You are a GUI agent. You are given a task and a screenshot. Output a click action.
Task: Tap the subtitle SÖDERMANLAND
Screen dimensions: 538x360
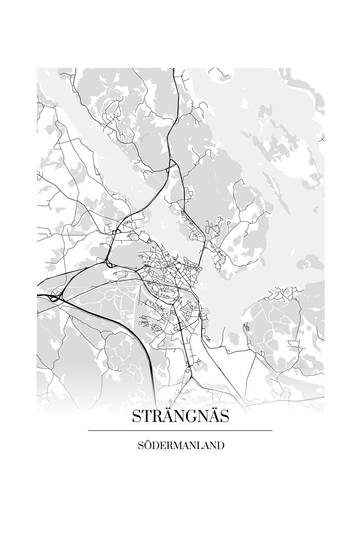click(181, 446)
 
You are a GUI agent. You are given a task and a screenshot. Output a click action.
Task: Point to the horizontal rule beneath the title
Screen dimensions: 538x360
click(180, 431)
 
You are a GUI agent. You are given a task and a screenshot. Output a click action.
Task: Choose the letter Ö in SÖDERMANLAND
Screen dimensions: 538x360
click(147, 446)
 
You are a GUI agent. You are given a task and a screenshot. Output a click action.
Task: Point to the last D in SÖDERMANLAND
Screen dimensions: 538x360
click(221, 446)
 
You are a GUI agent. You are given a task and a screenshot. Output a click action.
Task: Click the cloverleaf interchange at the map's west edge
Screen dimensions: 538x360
click(54, 297)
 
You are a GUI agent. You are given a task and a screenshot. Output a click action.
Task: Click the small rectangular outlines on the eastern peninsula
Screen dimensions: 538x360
click(246, 326)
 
